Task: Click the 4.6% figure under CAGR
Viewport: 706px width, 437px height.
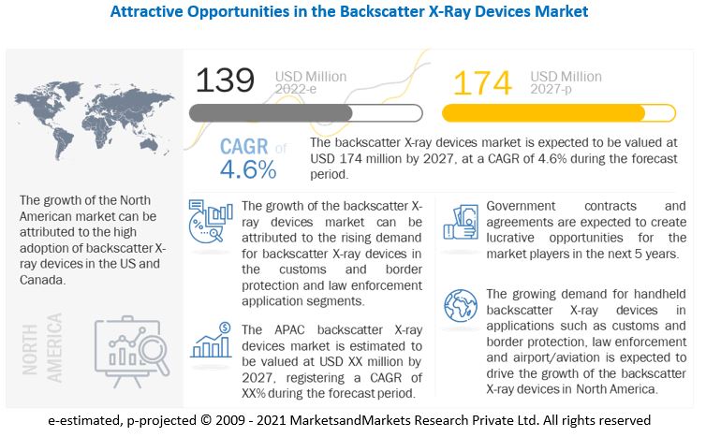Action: [248, 169]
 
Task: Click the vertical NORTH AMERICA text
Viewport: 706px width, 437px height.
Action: [43, 347]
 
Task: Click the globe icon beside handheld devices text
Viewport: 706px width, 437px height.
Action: [461, 305]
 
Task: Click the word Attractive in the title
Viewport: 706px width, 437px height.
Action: [148, 12]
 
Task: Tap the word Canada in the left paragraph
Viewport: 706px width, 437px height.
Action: [43, 279]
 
